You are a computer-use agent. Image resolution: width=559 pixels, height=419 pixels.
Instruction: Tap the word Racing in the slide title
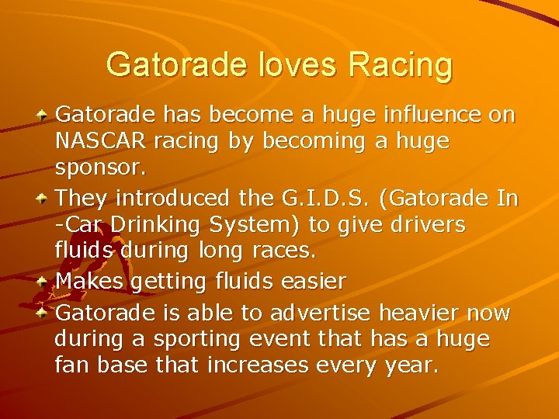[400, 65]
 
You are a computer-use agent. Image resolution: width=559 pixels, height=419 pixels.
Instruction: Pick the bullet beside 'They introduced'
[47, 199]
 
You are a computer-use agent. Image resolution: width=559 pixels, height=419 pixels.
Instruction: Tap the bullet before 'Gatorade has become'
[47, 116]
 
